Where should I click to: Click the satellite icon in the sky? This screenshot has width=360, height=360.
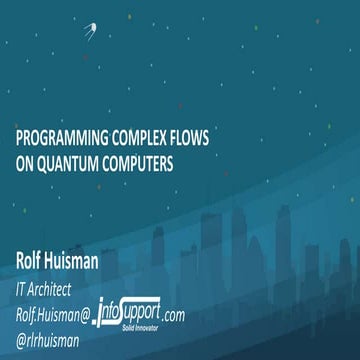coord(91,31)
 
